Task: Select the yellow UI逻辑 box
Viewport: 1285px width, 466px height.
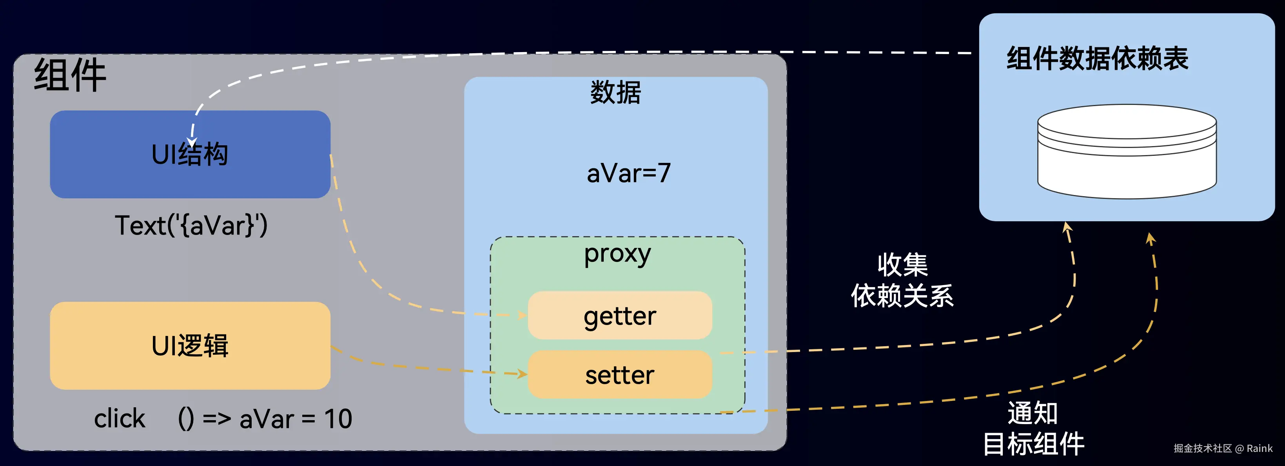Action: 190,345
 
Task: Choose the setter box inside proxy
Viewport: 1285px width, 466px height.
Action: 619,375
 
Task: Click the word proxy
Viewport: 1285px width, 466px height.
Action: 617,254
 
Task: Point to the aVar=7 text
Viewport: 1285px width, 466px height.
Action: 628,173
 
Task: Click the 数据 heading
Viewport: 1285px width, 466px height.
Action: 615,93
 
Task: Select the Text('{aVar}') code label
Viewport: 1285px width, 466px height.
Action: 191,225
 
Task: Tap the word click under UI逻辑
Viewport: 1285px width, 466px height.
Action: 119,419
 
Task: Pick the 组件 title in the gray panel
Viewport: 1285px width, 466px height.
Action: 70,75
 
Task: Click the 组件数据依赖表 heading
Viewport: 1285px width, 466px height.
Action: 1098,59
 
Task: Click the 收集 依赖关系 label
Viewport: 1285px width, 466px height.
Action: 902,280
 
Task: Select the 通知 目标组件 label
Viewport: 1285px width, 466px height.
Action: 1033,429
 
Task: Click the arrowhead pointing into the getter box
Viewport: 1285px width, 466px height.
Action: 522,315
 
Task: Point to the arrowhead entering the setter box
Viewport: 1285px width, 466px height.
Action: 522,374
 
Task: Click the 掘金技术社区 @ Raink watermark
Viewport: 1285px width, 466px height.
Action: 1223,448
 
